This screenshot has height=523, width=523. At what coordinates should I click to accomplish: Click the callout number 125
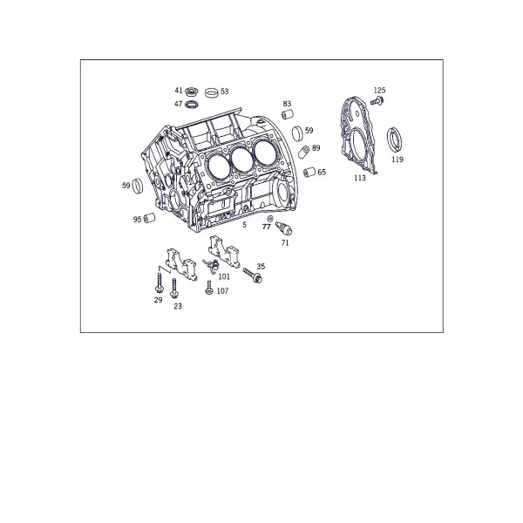[379, 91]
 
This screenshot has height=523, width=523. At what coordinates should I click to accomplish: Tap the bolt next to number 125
[377, 101]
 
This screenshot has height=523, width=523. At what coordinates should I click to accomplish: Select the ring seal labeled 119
[394, 139]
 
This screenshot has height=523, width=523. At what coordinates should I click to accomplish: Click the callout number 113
[360, 178]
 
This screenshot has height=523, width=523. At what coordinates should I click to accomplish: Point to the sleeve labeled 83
[288, 114]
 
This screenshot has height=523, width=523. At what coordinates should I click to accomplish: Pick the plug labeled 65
[309, 172]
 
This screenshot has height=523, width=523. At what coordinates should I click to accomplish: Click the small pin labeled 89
[304, 152]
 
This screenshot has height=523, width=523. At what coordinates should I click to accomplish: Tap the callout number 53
[225, 92]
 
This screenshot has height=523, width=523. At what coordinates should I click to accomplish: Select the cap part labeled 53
[212, 92]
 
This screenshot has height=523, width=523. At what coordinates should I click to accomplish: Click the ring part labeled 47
[192, 105]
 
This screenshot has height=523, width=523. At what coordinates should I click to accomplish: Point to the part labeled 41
[192, 91]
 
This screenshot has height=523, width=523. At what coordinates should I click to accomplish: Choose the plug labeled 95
[149, 218]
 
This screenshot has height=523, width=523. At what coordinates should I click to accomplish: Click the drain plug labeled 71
[284, 228]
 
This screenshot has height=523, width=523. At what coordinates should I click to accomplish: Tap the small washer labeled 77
[270, 219]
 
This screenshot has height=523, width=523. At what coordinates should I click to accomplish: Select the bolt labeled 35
[253, 275]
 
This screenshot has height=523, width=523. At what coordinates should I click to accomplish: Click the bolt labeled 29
[160, 283]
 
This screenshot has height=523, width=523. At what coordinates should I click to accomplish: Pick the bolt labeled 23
[173, 289]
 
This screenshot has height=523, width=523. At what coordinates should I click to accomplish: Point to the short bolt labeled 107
[209, 288]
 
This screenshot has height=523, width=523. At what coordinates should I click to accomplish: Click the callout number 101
[224, 277]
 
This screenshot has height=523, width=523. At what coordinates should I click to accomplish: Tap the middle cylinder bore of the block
[243, 159]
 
